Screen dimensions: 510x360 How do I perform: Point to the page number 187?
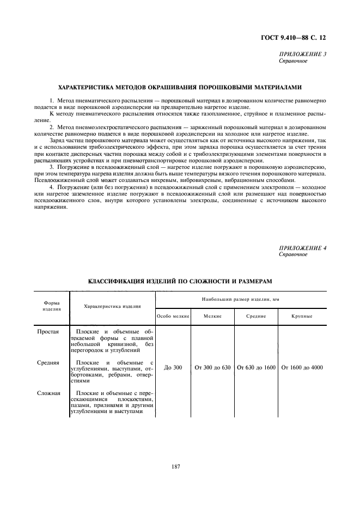tap(175, 466)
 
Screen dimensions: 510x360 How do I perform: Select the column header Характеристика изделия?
tap(112, 307)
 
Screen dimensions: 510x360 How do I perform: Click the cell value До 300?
tap(173, 368)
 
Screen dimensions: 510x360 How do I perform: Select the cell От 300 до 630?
tap(212, 368)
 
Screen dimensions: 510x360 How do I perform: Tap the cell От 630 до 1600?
tap(256, 368)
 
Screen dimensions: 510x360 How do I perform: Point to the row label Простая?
tap(48, 332)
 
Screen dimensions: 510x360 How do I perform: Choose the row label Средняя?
tap(48, 362)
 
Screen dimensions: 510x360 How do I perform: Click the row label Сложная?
tap(48, 393)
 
